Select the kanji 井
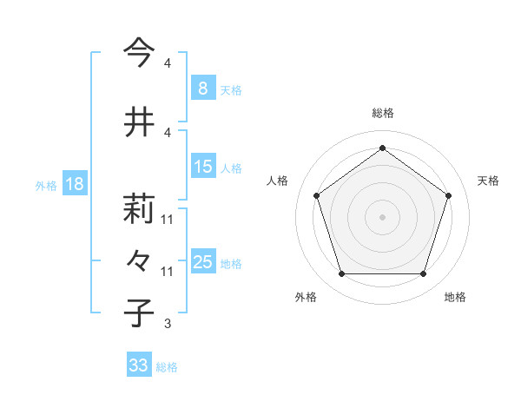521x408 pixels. pyautogui.click(x=139, y=122)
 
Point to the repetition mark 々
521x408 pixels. pyautogui.click(x=139, y=260)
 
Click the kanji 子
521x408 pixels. pyautogui.click(x=139, y=312)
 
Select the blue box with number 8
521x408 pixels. pyautogui.click(x=202, y=89)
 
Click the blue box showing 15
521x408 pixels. pyautogui.click(x=202, y=167)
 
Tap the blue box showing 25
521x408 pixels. pyautogui.click(x=202, y=262)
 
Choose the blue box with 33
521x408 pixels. pyautogui.click(x=138, y=365)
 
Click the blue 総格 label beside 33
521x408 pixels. pyautogui.click(x=167, y=367)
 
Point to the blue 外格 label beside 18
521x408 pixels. pyautogui.click(x=45, y=186)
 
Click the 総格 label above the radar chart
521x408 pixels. pyautogui.click(x=382, y=113)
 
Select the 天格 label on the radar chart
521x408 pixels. pyautogui.click(x=488, y=181)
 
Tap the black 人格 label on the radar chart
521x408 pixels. pyautogui.click(x=278, y=181)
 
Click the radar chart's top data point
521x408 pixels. pyautogui.click(x=382, y=148)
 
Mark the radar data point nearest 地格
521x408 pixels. pyautogui.click(x=423, y=274)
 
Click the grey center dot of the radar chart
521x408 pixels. pyautogui.click(x=382, y=216)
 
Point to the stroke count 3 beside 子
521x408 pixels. pyautogui.click(x=167, y=324)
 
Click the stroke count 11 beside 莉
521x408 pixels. pyautogui.click(x=168, y=220)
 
